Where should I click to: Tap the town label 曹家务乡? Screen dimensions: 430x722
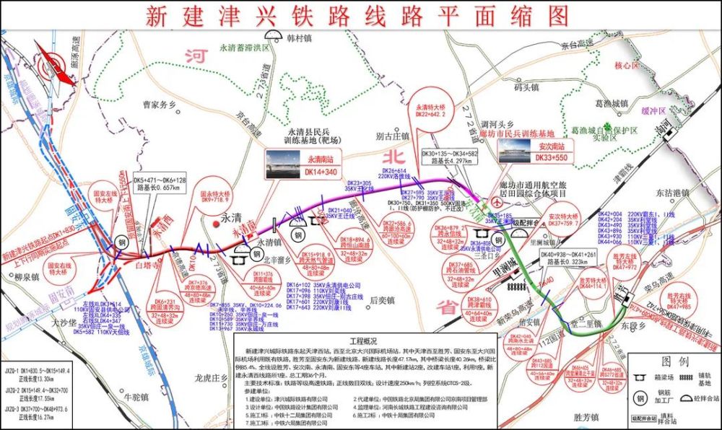pos(160,104)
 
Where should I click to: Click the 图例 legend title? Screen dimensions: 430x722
pos(671,358)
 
